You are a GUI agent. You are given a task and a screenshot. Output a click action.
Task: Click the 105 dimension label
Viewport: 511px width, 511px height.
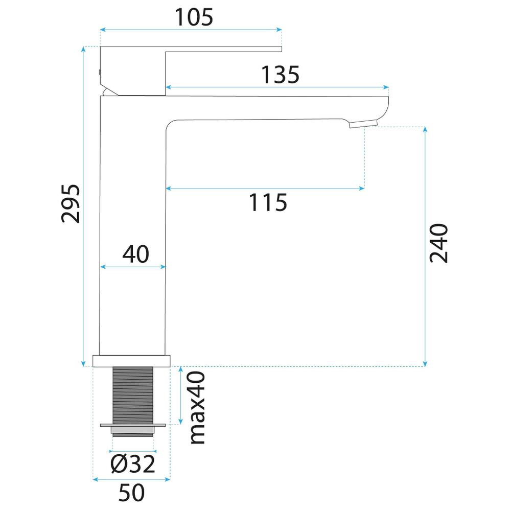194,17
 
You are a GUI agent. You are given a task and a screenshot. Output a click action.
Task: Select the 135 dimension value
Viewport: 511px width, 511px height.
280,75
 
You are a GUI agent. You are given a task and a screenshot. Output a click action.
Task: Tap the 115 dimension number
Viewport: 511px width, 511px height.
268,202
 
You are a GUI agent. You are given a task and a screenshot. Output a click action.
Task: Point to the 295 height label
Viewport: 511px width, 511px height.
71,204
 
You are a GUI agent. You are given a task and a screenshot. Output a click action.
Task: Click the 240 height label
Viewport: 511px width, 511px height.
438,243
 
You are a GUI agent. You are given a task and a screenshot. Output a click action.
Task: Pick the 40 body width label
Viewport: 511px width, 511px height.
136,254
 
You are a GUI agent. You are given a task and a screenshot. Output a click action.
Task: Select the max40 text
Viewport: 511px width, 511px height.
197,407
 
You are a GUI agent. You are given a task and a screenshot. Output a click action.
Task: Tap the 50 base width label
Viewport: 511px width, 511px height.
131,493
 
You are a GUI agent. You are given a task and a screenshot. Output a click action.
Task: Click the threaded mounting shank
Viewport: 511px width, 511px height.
133,396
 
